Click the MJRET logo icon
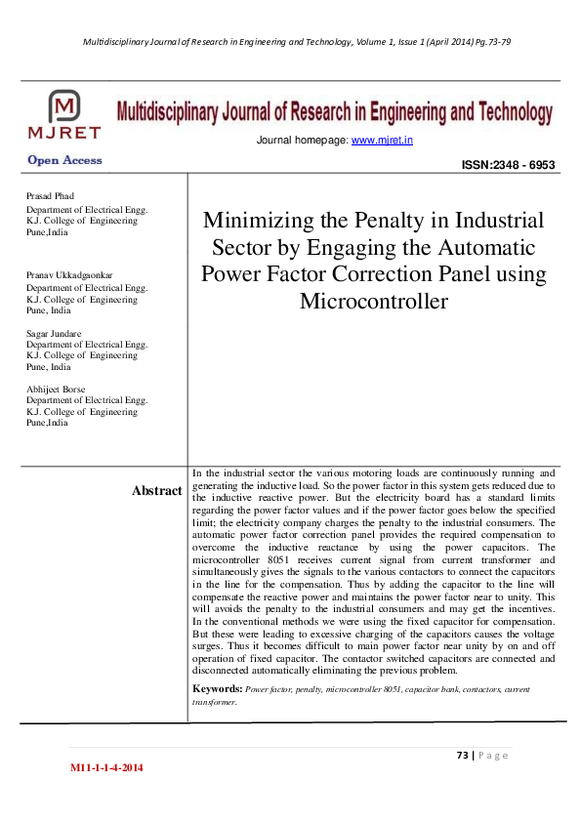coord(65,109)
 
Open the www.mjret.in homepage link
coord(382,141)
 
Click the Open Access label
coord(64,160)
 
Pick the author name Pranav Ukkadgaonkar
coord(69,275)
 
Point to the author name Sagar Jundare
coord(56,333)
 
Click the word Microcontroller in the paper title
coord(373,300)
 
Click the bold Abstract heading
coord(156,491)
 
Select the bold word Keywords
coord(217,689)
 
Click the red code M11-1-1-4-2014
coord(106,769)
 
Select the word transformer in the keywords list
coord(214,701)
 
